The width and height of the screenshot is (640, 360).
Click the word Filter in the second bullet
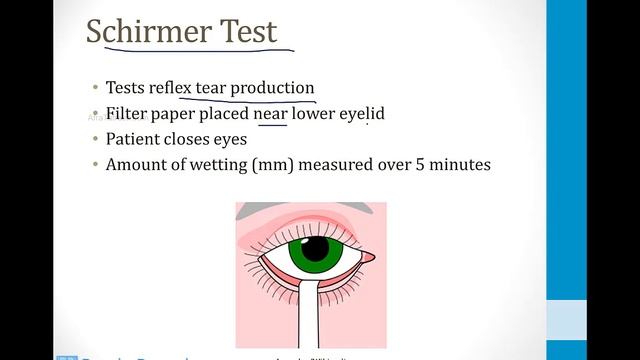point(127,114)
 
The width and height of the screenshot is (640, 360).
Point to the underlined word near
point(270,114)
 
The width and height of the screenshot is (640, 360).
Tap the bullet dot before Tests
point(94,88)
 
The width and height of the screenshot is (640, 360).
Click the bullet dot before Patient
point(94,139)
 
